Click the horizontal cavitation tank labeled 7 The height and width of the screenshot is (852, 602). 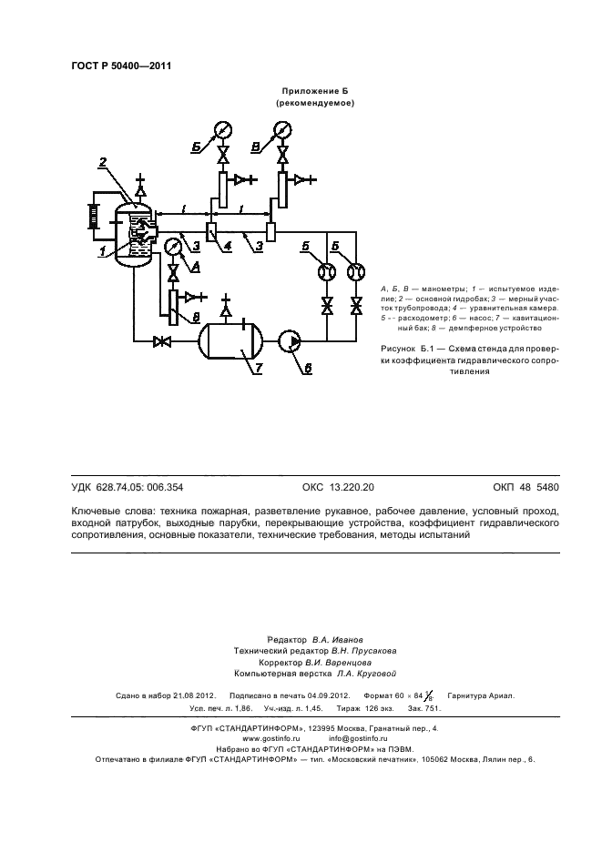pyautogui.click(x=230, y=341)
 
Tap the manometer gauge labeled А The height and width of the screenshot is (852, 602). pyautogui.click(x=173, y=247)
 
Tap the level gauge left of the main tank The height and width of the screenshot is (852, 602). pyautogui.click(x=92, y=219)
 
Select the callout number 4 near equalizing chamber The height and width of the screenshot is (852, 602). pyautogui.click(x=228, y=246)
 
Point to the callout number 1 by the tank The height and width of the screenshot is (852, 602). pyautogui.click(x=103, y=248)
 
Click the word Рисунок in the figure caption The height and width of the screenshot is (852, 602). pyautogui.click(x=401, y=349)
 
